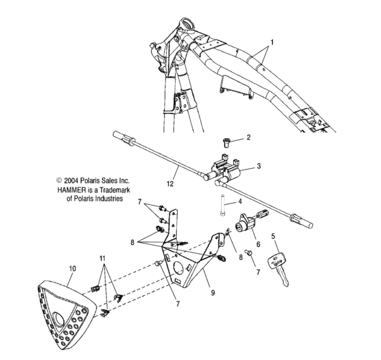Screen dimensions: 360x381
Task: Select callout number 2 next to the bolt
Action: [249, 137]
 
